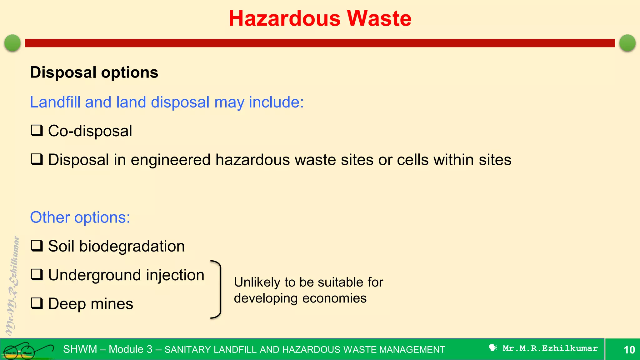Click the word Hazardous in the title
coord(284,18)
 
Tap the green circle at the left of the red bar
coord(12,43)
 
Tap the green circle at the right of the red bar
coord(627,43)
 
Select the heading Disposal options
coord(94,72)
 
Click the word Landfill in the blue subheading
coord(55,102)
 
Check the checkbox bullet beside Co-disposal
coord(37,130)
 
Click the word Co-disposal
coord(90,131)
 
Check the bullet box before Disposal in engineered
coord(37,159)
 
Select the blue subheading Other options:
coord(80,217)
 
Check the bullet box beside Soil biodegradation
coord(37,246)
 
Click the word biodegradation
coord(132,246)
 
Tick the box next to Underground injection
coord(37,275)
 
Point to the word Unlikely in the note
coord(257,282)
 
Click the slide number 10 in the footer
coord(629,350)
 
